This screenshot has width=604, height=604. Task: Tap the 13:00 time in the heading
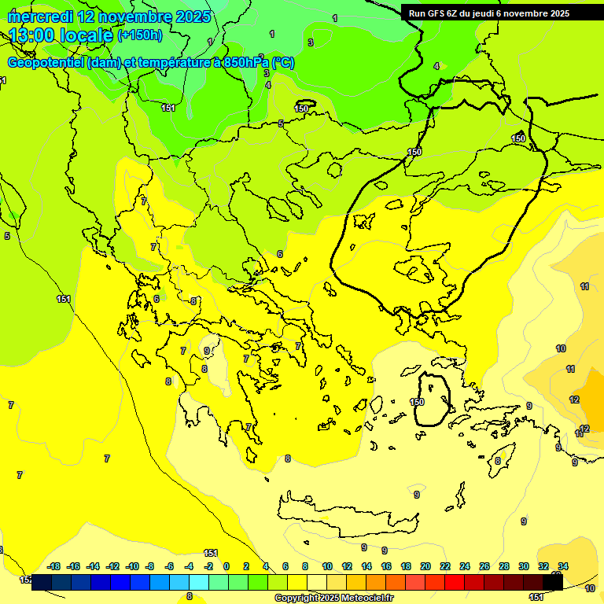tap(32, 35)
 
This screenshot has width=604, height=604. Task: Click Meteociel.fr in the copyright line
tap(364, 598)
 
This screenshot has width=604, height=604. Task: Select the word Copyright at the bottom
tap(297, 598)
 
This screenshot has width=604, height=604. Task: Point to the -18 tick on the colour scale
tap(53, 566)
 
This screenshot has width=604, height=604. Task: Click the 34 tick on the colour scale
tap(563, 566)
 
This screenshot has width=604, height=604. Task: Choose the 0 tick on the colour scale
tap(226, 566)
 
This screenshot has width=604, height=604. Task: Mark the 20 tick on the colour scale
tap(425, 566)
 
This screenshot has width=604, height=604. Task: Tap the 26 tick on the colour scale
tap(484, 566)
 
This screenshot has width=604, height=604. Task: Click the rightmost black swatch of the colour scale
tap(553, 583)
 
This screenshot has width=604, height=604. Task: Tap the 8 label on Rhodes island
tap(498, 461)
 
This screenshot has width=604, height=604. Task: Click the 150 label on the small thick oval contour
tap(417, 402)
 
